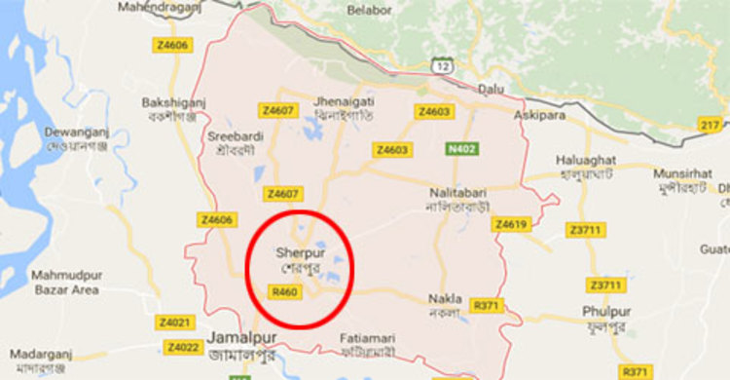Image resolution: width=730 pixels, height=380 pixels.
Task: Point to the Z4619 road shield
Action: [x=510, y=225]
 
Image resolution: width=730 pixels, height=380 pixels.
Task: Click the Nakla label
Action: [x=445, y=298]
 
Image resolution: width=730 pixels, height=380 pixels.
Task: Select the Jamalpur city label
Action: [x=242, y=339]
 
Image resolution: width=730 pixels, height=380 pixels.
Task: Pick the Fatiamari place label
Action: [x=369, y=338]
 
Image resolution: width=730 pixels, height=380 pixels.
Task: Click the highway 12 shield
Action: [x=442, y=65]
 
